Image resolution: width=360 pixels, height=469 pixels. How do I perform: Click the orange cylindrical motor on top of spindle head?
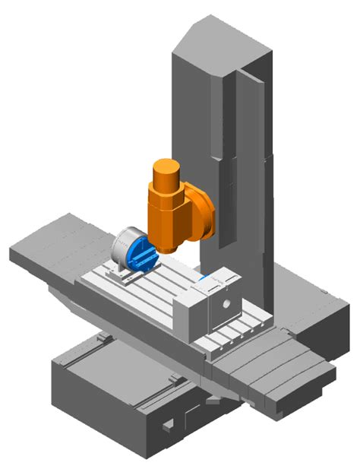(x=166, y=176)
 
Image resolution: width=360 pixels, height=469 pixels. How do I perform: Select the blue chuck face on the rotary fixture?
(x=143, y=254)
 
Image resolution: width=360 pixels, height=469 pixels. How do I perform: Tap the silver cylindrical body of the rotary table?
(x=122, y=247)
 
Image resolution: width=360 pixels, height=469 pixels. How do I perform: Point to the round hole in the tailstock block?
(x=223, y=305)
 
